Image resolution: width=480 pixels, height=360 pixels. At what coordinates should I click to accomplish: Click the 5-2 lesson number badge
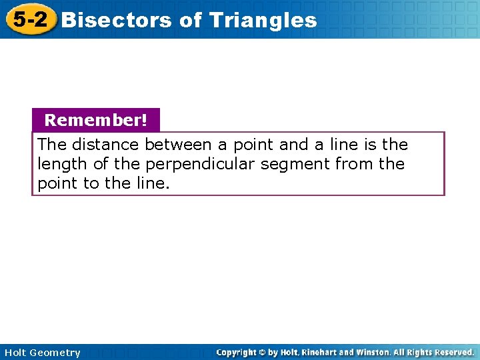(x=30, y=19)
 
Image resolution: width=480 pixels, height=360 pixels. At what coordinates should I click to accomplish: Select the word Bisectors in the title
(x=117, y=20)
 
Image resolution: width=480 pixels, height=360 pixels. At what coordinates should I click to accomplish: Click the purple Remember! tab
(x=95, y=121)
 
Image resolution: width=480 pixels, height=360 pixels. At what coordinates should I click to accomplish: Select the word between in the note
(x=179, y=145)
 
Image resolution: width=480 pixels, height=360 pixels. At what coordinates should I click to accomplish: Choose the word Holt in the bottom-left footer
(x=15, y=353)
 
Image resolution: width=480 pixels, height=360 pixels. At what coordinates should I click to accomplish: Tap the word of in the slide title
(x=190, y=20)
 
